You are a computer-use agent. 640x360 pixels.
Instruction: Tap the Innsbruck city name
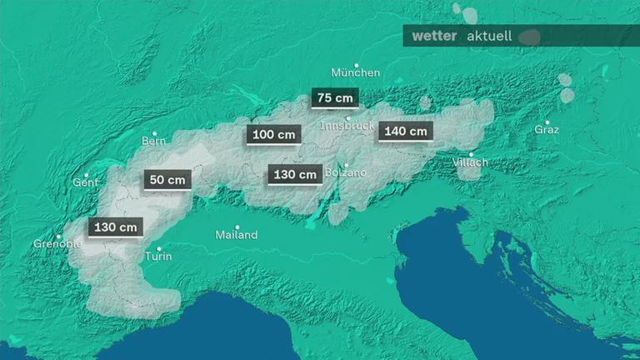point(347,126)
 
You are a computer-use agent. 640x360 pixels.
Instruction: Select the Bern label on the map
point(154,141)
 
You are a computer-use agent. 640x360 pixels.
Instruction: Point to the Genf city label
point(85,182)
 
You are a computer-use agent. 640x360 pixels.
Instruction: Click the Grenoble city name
point(57,244)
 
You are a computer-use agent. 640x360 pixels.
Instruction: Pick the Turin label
point(158,256)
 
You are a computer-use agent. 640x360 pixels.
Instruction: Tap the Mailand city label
point(236,235)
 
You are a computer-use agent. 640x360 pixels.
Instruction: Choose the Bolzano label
point(345,172)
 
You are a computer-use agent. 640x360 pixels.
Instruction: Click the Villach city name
point(470,162)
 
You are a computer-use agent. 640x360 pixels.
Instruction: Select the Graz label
point(547,130)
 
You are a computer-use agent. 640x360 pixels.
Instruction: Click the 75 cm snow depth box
point(335,97)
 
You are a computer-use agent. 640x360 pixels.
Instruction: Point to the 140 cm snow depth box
point(406,131)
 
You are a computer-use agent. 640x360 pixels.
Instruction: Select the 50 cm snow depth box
point(167,179)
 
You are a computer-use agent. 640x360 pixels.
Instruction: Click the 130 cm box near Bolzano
point(295,174)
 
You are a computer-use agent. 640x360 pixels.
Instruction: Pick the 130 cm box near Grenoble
point(115,227)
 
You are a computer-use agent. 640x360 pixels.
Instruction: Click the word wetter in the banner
point(434,36)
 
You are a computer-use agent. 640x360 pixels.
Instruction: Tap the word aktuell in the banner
point(488,37)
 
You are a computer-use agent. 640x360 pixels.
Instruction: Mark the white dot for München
point(357,65)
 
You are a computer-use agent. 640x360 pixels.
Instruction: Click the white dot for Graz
point(547,122)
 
